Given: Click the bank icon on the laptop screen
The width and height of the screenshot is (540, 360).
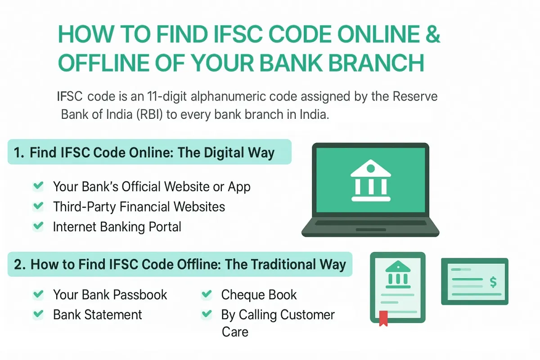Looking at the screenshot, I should (x=370, y=182).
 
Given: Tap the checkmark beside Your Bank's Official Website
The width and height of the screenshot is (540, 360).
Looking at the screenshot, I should (x=39, y=186).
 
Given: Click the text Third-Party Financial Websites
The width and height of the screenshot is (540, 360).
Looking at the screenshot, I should (x=139, y=207).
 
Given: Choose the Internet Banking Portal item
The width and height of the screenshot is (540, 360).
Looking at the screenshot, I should (x=117, y=227).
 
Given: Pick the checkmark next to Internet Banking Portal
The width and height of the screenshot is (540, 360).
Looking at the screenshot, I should (x=39, y=226).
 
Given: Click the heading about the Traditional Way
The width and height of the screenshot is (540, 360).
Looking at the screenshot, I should (x=180, y=264).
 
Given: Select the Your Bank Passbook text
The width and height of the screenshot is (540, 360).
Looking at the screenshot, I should (x=110, y=295).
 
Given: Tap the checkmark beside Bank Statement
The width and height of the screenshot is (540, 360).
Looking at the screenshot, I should (x=39, y=314).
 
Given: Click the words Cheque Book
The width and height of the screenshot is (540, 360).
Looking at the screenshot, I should (x=259, y=295).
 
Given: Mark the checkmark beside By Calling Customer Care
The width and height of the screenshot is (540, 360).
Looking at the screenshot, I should (x=207, y=314).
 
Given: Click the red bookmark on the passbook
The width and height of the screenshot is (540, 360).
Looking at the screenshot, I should (x=383, y=318).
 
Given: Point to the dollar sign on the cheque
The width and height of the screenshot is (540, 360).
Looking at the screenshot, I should (x=493, y=282).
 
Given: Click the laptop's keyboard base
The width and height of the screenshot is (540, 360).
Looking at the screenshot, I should (x=370, y=228).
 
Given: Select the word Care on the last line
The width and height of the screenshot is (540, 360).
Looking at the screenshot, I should (x=235, y=332).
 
